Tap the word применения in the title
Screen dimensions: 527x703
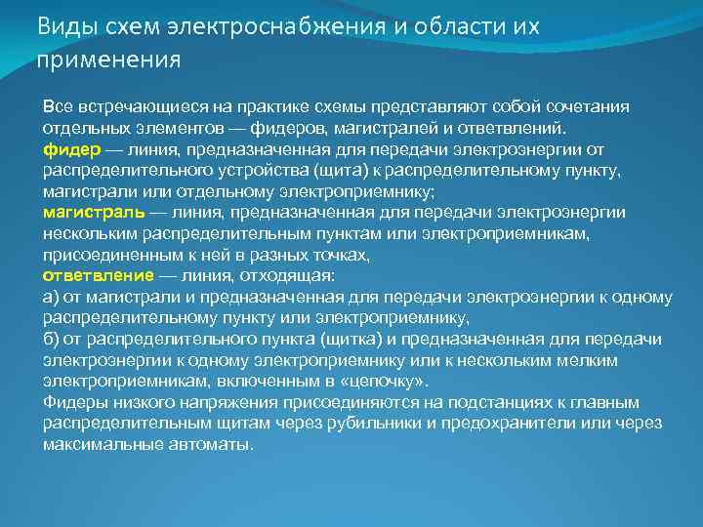tap(108, 61)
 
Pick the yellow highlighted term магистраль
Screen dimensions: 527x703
tap(94, 212)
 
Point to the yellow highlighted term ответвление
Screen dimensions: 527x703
tap(98, 275)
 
